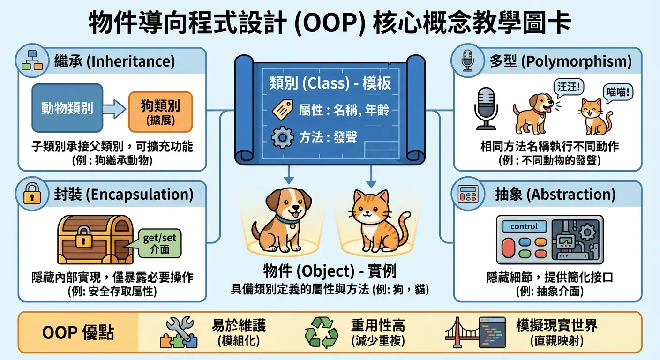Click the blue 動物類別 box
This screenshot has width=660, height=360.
(67, 108)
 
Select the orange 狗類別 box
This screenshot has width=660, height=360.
(160, 112)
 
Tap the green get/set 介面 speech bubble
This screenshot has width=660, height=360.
(160, 243)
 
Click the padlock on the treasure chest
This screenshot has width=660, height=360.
(84, 236)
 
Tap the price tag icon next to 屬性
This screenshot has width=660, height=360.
(282, 111)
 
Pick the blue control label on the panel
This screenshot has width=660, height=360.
(524, 226)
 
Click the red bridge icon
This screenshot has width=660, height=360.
(460, 334)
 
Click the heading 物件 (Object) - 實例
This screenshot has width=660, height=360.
(330, 271)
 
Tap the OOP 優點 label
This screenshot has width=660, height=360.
(78, 333)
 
